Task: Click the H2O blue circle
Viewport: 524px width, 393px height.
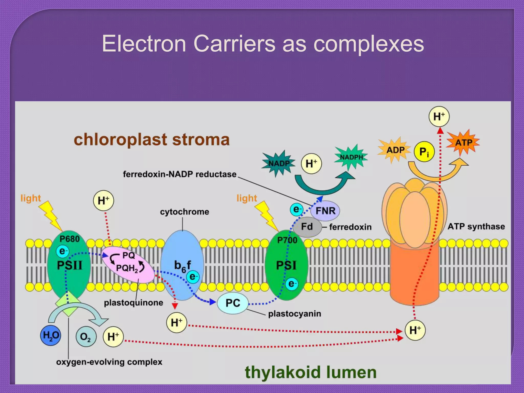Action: pyautogui.click(x=51, y=335)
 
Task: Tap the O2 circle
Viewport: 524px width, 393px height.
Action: pyautogui.click(x=86, y=337)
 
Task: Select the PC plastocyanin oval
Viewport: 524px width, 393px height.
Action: pyautogui.click(x=233, y=303)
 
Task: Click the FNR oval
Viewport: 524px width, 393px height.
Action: pyautogui.click(x=325, y=211)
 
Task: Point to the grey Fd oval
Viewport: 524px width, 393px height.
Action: pyautogui.click(x=307, y=227)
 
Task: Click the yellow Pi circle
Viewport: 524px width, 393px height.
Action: pyautogui.click(x=424, y=152)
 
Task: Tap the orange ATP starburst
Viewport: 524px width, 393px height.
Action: pyautogui.click(x=463, y=142)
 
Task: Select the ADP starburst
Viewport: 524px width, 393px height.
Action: pyautogui.click(x=395, y=150)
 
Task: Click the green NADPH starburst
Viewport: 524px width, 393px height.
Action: pyautogui.click(x=351, y=157)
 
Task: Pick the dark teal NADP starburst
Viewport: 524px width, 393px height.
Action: pyautogui.click(x=278, y=163)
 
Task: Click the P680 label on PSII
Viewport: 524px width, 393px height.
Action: pyautogui.click(x=69, y=239)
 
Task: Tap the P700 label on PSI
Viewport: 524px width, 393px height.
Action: pyautogui.click(x=287, y=240)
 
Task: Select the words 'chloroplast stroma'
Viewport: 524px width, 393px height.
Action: pyautogui.click(x=151, y=140)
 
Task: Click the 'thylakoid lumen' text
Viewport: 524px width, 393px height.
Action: pyautogui.click(x=311, y=372)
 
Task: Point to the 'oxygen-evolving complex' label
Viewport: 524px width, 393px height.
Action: pyautogui.click(x=109, y=362)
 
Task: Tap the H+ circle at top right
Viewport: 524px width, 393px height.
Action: pyautogui.click(x=439, y=117)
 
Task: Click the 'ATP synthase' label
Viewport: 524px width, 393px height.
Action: pyautogui.click(x=476, y=226)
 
